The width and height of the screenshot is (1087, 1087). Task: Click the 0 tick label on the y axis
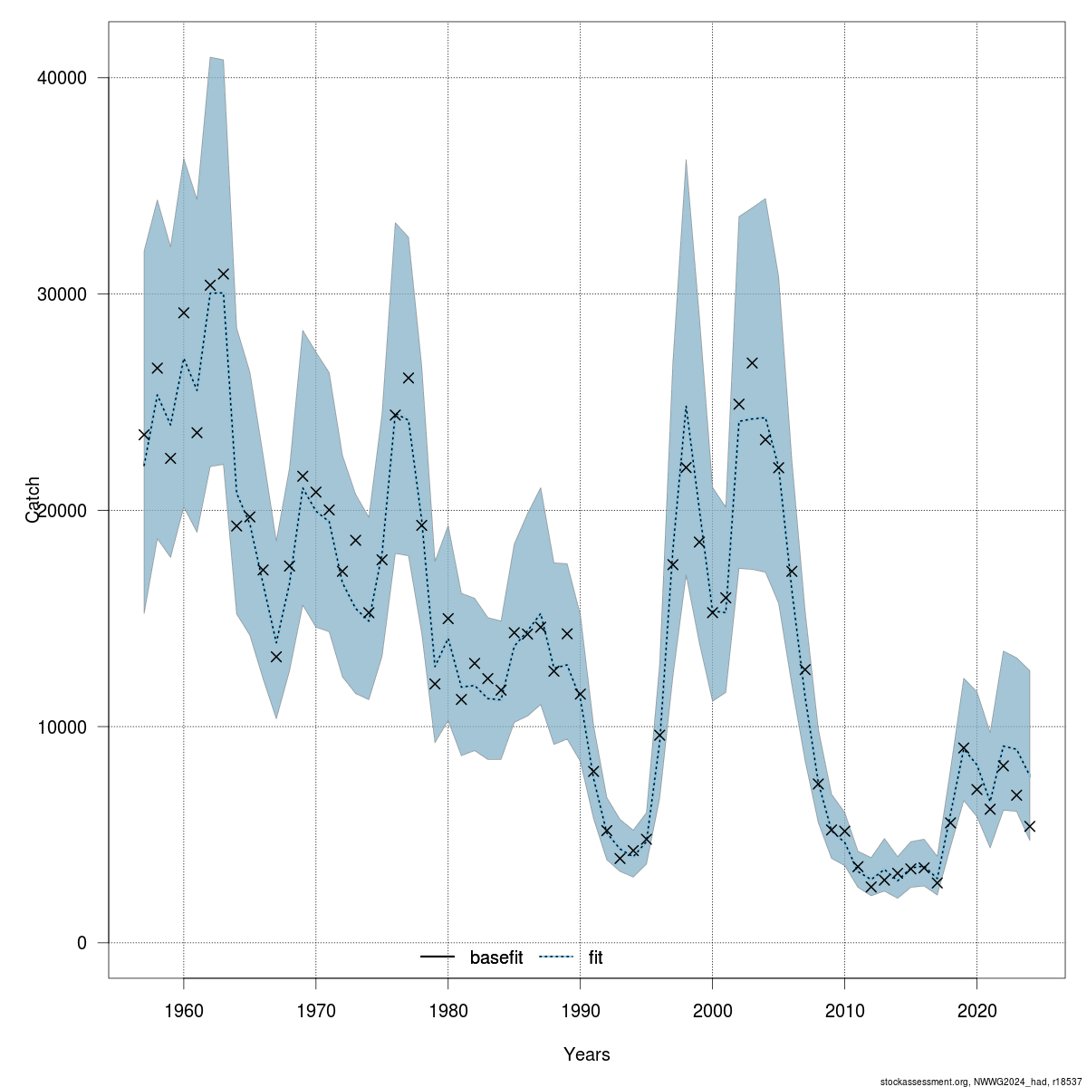pyautogui.click(x=81, y=944)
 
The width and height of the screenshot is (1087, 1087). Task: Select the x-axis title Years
pyautogui.click(x=587, y=1054)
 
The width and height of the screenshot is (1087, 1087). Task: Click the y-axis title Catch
pyautogui.click(x=34, y=499)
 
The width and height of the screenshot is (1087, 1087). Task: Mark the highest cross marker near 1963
pyautogui.click(x=224, y=274)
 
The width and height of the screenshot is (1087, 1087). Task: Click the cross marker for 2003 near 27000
pyautogui.click(x=752, y=363)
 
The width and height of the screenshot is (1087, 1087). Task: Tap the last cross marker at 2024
pyautogui.click(x=1030, y=826)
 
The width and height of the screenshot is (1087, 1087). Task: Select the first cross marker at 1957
pyautogui.click(x=144, y=435)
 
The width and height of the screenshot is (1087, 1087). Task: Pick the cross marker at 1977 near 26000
pyautogui.click(x=409, y=378)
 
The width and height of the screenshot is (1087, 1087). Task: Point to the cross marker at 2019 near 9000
pyautogui.click(x=964, y=748)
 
